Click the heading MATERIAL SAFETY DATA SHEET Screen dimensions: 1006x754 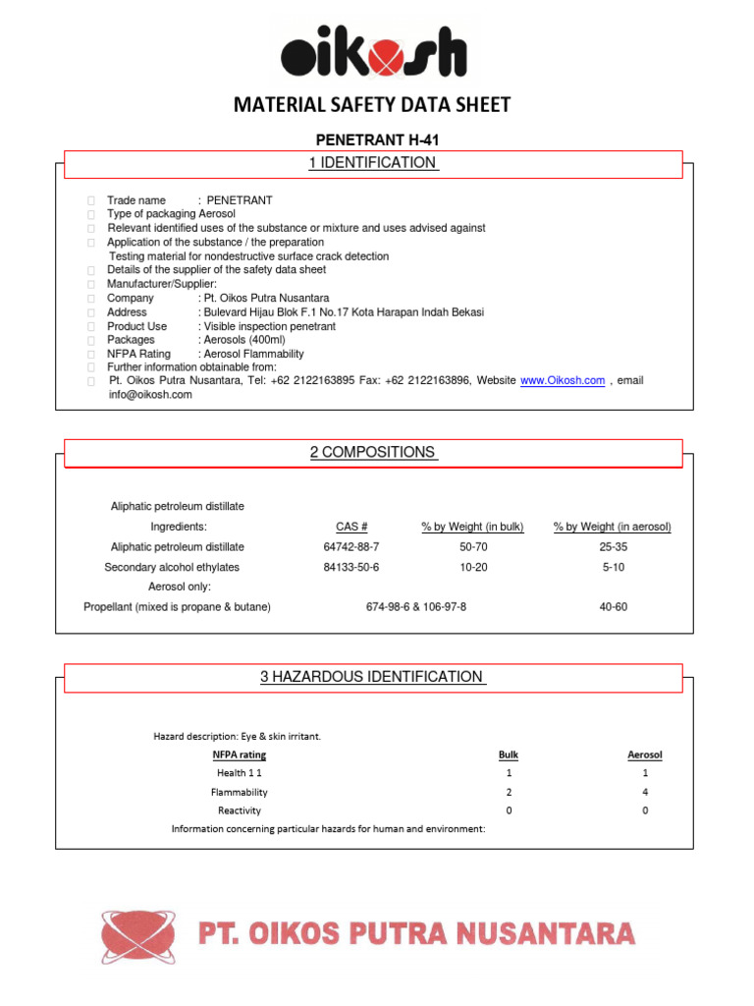point(372,105)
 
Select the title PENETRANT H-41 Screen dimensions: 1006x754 point(373,141)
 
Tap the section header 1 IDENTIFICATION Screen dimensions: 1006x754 point(373,163)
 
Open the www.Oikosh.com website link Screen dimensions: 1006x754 point(562,380)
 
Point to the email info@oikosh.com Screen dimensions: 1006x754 point(150,395)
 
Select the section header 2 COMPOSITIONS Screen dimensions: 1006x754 point(373,453)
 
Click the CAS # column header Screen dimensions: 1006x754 point(350,528)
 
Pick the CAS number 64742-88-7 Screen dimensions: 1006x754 point(350,547)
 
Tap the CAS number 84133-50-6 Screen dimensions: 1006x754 point(350,568)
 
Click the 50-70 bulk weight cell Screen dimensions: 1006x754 point(473,547)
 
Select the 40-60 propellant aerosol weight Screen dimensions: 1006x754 point(613,607)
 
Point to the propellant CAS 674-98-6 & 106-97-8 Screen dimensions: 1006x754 point(415,607)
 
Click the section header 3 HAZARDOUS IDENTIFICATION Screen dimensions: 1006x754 point(373,677)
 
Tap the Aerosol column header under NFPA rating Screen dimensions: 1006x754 point(645,755)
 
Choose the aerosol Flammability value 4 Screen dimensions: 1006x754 point(645,792)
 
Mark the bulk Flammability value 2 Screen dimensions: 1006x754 point(509,792)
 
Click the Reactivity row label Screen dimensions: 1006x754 point(240,810)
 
